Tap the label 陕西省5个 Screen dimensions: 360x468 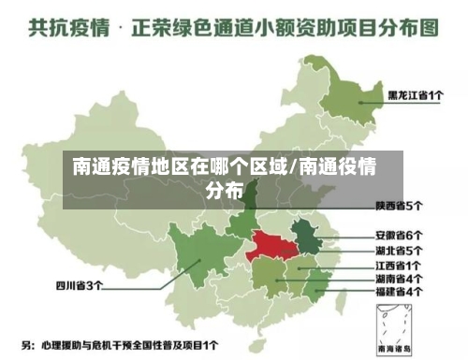click(x=400, y=204)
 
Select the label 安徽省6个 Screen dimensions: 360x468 click(x=400, y=235)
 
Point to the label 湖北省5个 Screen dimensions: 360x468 click(x=400, y=250)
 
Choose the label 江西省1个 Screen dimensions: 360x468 click(x=400, y=265)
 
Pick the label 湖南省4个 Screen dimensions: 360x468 click(x=400, y=278)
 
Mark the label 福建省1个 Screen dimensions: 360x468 click(x=400, y=292)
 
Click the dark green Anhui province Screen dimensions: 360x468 click(x=304, y=235)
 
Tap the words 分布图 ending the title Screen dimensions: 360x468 click(x=413, y=26)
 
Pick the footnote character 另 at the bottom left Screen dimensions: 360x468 click(x=27, y=344)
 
